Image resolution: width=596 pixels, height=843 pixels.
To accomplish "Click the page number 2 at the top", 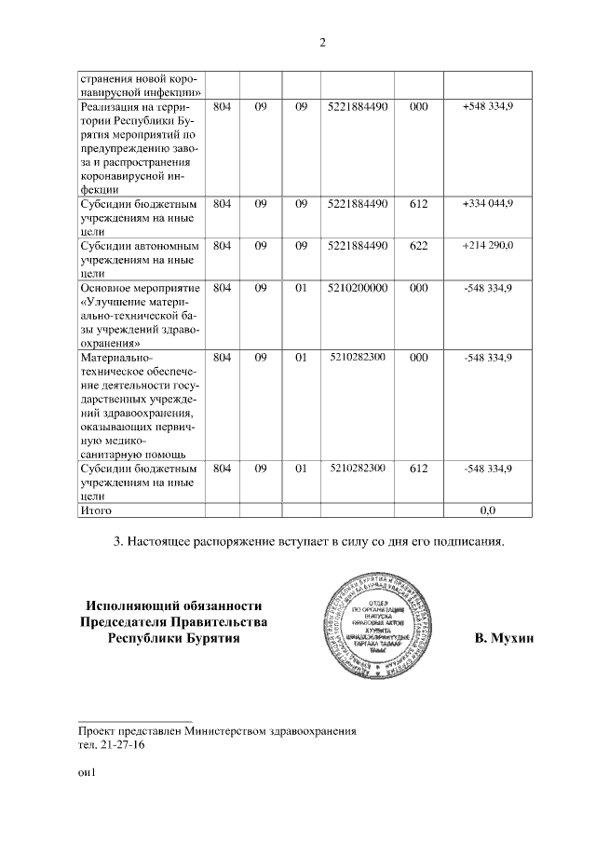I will tap(321, 42).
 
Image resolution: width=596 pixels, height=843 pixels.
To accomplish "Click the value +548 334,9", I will tap(487, 107).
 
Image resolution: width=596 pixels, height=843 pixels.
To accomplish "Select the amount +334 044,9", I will tap(487, 202).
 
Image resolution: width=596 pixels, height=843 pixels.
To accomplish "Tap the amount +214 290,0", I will tap(487, 245).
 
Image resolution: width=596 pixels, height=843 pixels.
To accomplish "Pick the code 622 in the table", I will tap(418, 245).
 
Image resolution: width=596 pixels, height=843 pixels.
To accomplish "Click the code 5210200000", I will tap(358, 288).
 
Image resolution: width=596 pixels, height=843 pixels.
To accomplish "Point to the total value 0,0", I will tap(487, 510).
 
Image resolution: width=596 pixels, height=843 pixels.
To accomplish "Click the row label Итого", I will tap(96, 510).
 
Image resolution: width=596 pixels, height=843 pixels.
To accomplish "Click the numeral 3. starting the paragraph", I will tap(117, 541).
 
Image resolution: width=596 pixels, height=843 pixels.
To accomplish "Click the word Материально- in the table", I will tap(116, 357).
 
